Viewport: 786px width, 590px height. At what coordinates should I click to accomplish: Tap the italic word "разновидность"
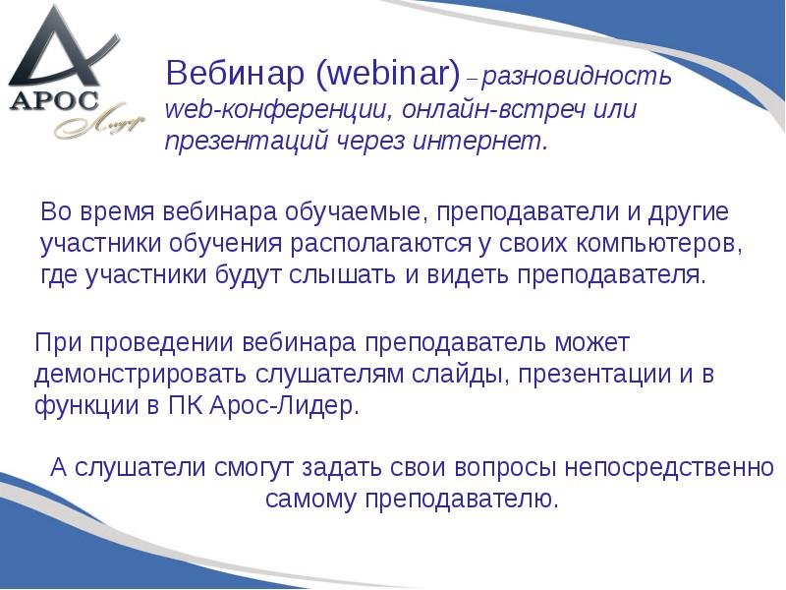click(577, 76)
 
